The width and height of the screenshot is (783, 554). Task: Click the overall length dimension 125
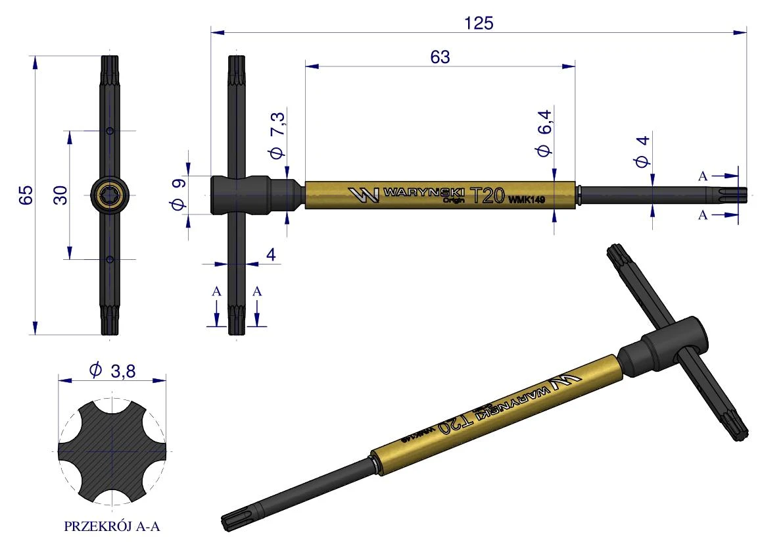coord(479,23)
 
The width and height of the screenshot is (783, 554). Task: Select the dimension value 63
coord(440,57)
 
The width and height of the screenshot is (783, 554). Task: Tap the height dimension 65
coord(26,195)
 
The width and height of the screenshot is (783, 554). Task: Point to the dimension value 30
coord(60,195)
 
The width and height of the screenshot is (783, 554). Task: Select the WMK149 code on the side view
coord(527,200)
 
